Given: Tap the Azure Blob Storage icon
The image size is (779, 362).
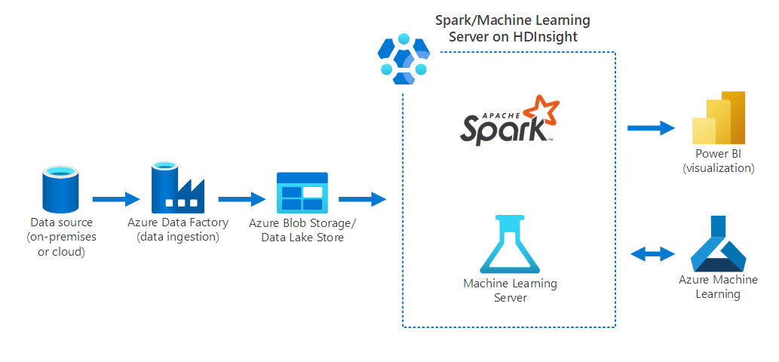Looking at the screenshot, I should point(302,192).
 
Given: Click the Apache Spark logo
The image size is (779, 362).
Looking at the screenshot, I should point(508,121).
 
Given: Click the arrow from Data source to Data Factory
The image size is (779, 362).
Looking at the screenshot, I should point(115,200).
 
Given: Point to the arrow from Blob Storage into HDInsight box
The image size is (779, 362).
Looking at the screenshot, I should point(362,200).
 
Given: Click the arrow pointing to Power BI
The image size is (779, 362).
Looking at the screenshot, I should point(651,127).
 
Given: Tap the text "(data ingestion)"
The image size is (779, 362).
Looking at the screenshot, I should point(177,237).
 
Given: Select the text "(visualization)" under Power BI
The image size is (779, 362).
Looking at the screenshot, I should point(718,168).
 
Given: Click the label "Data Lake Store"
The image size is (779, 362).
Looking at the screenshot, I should point(302,238).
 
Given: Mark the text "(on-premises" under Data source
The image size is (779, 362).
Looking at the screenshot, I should point(61,237).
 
